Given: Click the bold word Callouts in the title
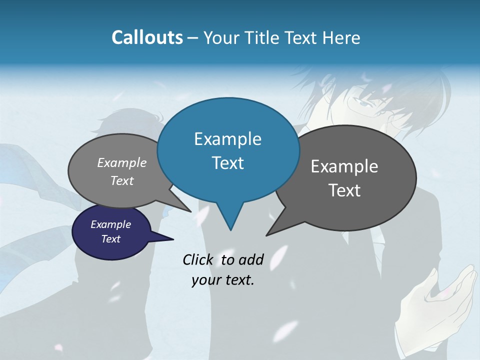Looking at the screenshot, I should [x=147, y=37].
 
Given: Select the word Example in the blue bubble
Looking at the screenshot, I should [x=227, y=139].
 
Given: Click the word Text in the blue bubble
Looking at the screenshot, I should [x=227, y=163].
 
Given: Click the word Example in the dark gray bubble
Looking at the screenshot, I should [x=344, y=166].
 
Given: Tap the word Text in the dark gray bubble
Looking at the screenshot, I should [x=344, y=190].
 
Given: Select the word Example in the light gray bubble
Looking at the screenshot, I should [x=122, y=162].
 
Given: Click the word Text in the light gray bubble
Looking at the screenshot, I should [x=122, y=180].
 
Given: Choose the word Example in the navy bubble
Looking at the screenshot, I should [x=111, y=224].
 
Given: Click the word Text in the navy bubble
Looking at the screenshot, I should [x=111, y=239].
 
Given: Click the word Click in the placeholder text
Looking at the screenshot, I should [x=197, y=259].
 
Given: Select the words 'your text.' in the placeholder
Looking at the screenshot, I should [x=223, y=280].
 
